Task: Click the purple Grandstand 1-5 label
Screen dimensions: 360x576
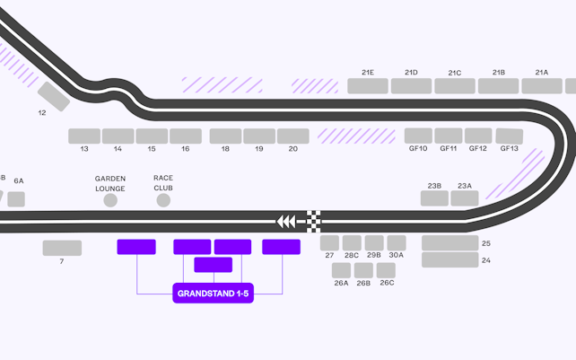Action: pos(213,294)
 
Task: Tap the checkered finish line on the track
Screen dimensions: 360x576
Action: pos(315,221)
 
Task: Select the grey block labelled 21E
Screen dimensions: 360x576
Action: pos(368,86)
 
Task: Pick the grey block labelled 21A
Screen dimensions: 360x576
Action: pos(542,86)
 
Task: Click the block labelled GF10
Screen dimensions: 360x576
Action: pos(418,136)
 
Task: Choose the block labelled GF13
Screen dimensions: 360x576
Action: pos(509,136)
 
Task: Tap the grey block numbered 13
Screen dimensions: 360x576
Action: pos(84,136)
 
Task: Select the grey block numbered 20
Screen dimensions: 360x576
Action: pos(293,136)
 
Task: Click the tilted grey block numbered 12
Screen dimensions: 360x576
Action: pos(54,96)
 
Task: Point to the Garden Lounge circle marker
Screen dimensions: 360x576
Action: pos(110,200)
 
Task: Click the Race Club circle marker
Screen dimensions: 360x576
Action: pos(163,200)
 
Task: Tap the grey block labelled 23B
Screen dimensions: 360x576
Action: pos(434,198)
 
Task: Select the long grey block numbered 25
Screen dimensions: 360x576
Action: pos(449,243)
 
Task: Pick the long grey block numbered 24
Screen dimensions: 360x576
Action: pos(449,259)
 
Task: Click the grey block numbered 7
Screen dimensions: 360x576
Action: pos(62,248)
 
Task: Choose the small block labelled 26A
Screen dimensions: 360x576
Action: pos(341,269)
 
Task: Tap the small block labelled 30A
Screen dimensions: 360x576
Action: pos(397,242)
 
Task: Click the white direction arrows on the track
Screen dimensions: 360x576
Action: pos(286,221)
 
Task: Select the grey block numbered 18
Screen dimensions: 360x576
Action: pos(225,136)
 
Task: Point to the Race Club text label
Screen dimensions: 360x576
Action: pos(162,183)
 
